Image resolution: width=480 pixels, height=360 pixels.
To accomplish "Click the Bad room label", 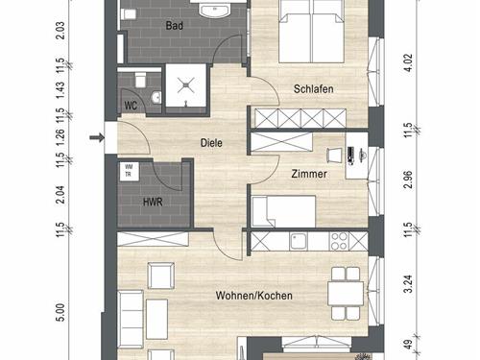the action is (175, 26).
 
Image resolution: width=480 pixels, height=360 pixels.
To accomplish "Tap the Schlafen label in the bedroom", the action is (314, 89).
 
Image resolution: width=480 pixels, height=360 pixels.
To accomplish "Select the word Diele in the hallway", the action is (211, 143).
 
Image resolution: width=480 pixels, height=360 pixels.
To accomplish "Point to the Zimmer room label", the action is (309, 174).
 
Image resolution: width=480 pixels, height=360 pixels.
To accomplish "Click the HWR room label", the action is (153, 203).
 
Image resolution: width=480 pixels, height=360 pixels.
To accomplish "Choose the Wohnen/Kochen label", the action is (254, 296).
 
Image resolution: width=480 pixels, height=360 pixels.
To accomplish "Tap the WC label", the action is (131, 106).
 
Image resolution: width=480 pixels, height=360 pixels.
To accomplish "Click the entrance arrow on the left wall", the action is (97, 138).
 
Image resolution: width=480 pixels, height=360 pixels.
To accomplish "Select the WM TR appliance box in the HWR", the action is (130, 172).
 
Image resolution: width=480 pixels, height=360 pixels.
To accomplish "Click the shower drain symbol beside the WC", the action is (186, 85).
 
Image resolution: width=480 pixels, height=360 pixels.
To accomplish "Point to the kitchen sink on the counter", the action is (299, 241).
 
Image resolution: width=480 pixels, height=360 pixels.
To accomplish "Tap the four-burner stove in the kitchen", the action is (339, 241).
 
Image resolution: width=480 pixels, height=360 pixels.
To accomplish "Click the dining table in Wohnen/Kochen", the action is (346, 294).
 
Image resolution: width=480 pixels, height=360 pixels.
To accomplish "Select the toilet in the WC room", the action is (140, 80).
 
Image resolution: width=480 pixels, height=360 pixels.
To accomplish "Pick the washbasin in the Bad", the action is (214, 9).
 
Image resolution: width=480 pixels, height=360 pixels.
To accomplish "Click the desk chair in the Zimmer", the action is (334, 156).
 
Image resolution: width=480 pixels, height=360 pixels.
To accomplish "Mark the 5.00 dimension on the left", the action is (60, 312).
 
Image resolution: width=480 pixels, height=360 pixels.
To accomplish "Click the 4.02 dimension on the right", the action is (409, 63).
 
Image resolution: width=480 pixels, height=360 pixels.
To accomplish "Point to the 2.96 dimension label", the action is (409, 180).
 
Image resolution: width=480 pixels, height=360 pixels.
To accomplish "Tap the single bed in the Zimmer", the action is (283, 212).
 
